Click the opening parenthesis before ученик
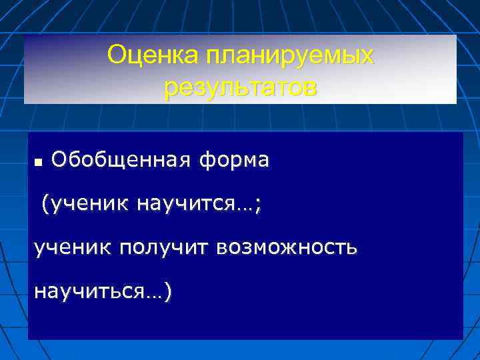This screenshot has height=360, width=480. [x=45, y=204]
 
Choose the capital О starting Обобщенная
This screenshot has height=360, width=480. [x=58, y=161]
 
